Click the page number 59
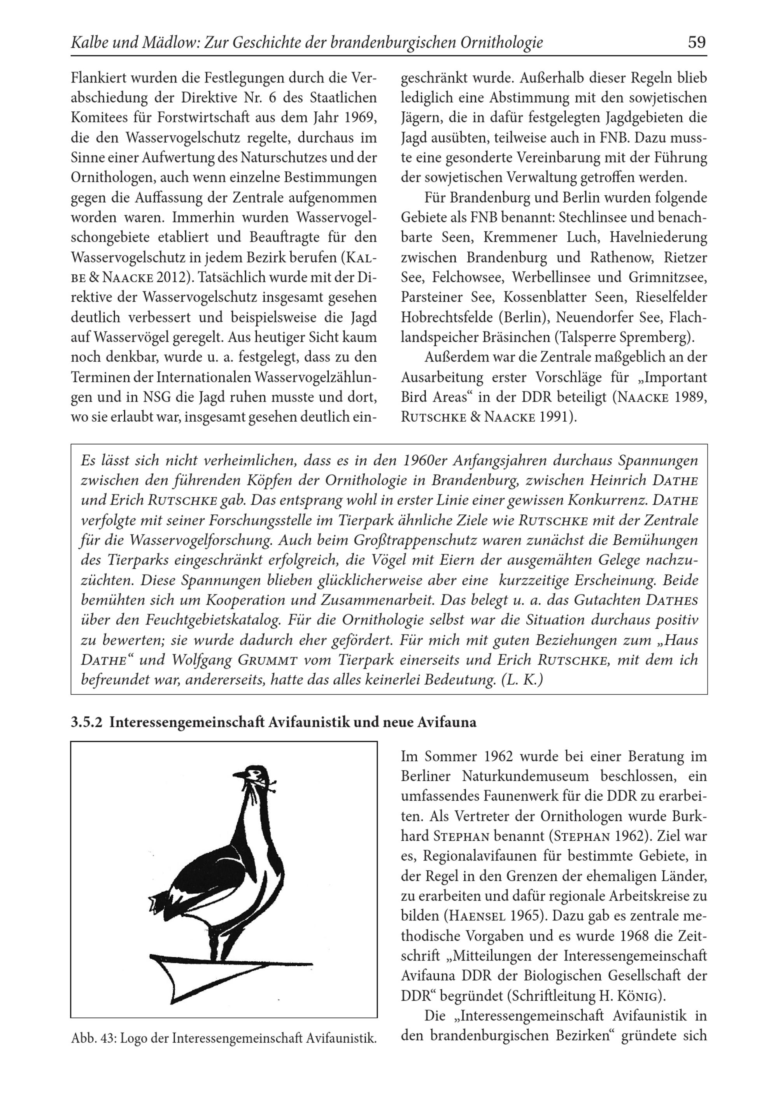[x=696, y=43]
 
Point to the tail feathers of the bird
[x=159, y=901]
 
